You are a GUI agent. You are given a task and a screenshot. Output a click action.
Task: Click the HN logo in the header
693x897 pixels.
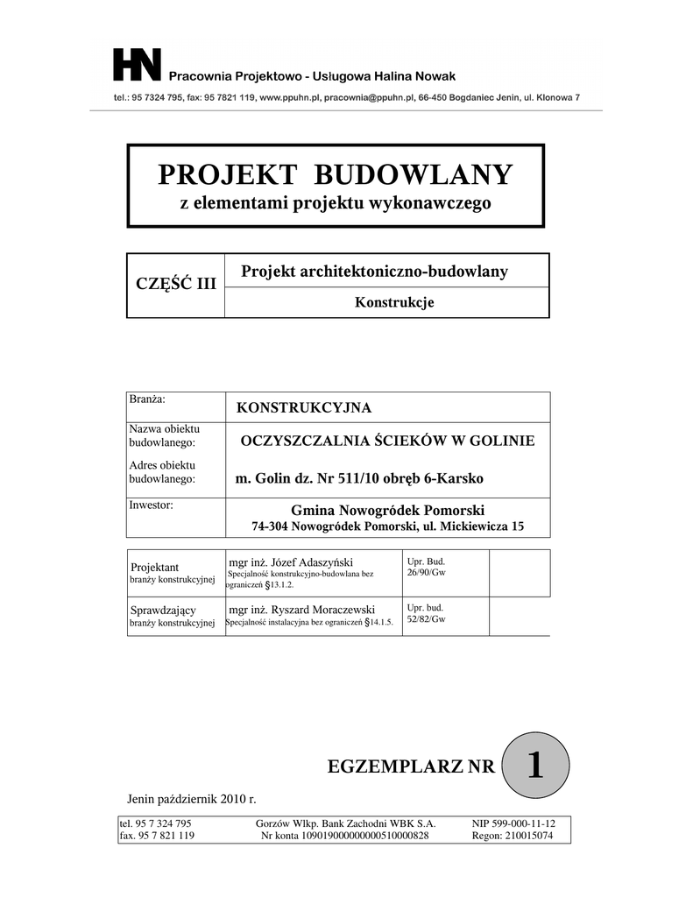(x=138, y=67)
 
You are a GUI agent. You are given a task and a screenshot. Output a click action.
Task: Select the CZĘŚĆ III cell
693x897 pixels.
(x=175, y=284)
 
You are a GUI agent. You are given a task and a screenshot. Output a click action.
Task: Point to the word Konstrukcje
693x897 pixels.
(x=394, y=303)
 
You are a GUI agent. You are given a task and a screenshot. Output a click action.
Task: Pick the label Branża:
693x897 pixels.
(x=147, y=399)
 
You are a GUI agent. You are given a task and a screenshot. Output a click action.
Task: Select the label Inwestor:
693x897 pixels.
(x=151, y=505)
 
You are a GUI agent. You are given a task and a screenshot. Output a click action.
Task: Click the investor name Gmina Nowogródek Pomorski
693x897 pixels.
(x=387, y=511)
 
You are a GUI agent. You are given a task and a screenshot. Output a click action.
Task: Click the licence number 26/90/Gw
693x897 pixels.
(x=427, y=572)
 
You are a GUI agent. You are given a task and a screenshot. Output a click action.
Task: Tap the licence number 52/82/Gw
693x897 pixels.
(x=427, y=619)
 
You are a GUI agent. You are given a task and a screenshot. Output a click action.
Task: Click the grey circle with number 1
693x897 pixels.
(x=534, y=766)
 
